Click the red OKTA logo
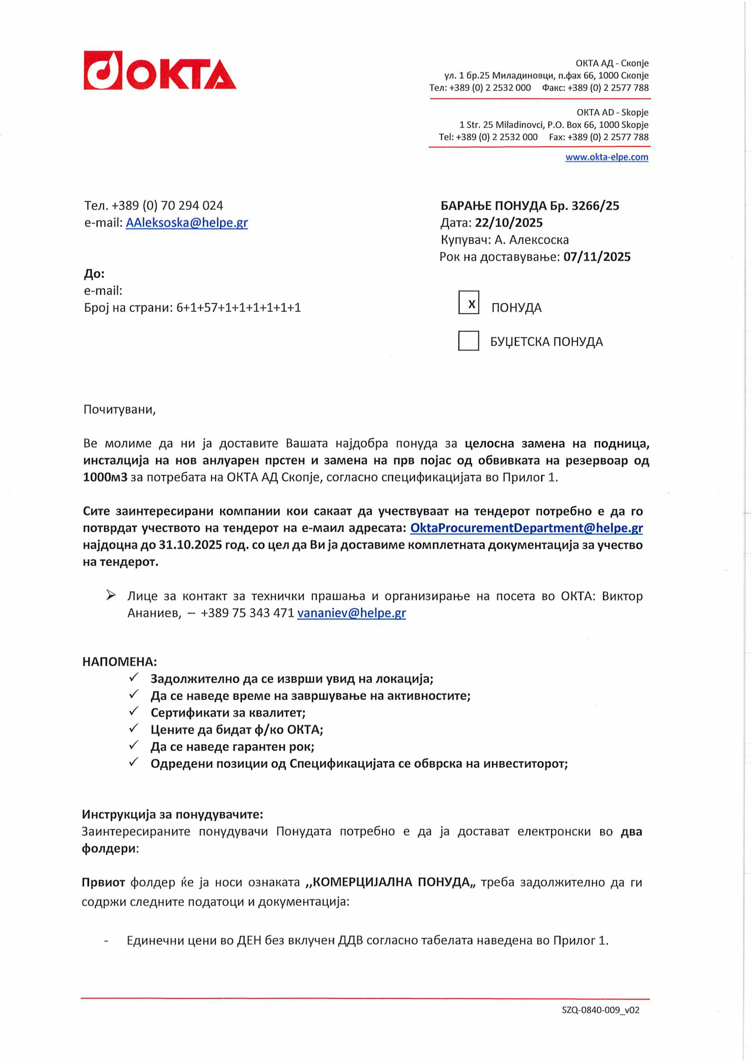pyautogui.click(x=160, y=70)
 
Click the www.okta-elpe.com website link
pyautogui.click(x=606, y=157)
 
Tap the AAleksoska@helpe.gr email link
pyautogui.click(x=187, y=223)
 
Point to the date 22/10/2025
pyautogui.click(x=508, y=223)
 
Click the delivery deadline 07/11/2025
pyautogui.click(x=597, y=257)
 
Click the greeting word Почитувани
pyautogui.click(x=119, y=409)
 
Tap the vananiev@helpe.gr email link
pyautogui.click(x=351, y=613)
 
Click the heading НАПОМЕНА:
pyautogui.click(x=119, y=662)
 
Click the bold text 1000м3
pyautogui.click(x=105, y=477)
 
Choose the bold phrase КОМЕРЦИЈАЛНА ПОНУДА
pyautogui.click(x=391, y=882)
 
